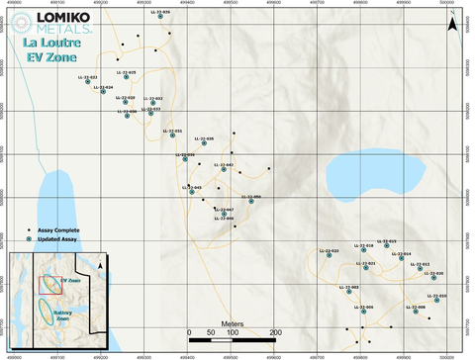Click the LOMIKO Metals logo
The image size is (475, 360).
(47, 23)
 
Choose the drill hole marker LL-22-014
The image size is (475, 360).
(401, 259)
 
